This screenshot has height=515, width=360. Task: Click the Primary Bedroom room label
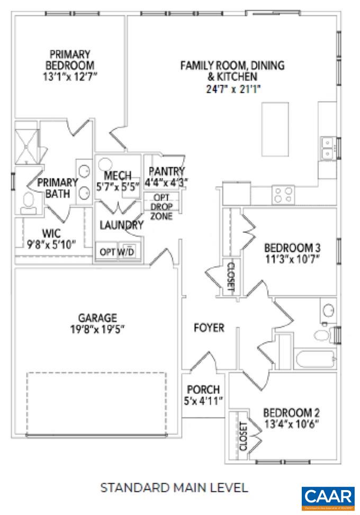70,59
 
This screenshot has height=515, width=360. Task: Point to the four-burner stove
283,194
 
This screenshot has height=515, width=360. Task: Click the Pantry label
167,171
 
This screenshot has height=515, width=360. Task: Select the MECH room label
114,175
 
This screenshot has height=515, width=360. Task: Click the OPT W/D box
118,252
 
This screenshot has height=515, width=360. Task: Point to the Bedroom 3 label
293,247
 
